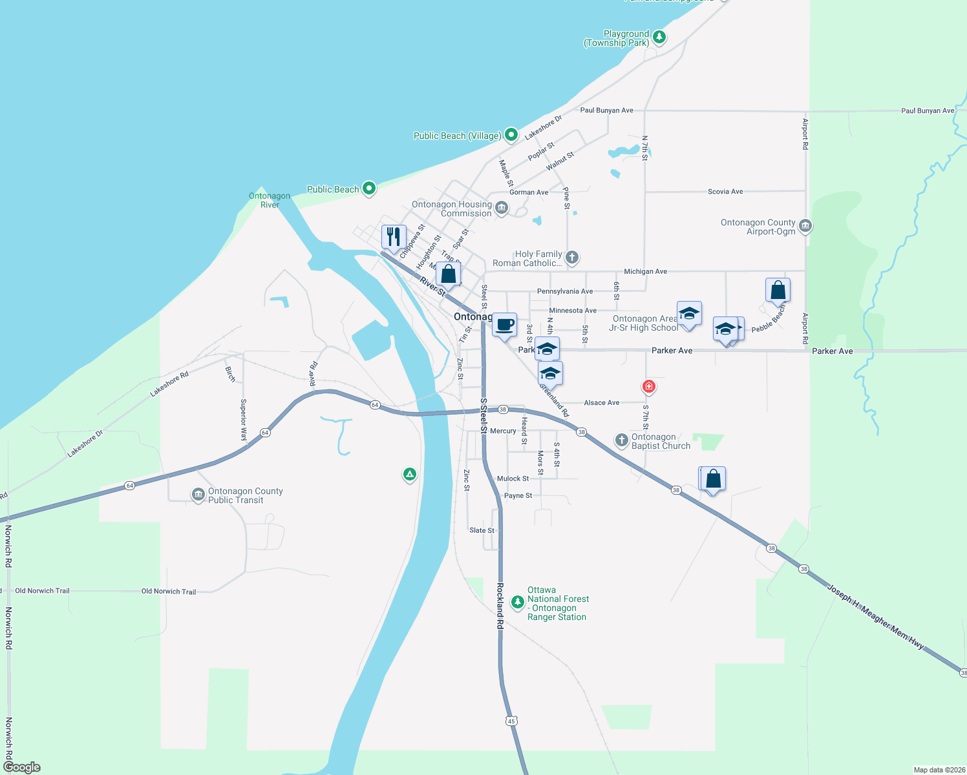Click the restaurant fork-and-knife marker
pyautogui.click(x=394, y=237)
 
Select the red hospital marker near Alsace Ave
pyautogui.click(x=649, y=387)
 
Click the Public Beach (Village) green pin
pyautogui.click(x=511, y=135)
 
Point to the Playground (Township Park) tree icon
pyautogui.click(x=659, y=37)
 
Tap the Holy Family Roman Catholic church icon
pyautogui.click(x=572, y=258)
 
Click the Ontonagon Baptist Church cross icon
pyautogui.click(x=621, y=440)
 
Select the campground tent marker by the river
pyautogui.click(x=409, y=475)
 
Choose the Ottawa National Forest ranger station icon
pyautogui.click(x=517, y=603)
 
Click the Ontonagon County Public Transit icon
pyautogui.click(x=198, y=495)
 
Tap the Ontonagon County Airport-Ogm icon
pyautogui.click(x=805, y=226)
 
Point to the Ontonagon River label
pyautogui.click(x=270, y=200)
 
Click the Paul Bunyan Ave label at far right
pyautogui.click(x=928, y=111)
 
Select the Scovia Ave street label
pyautogui.click(x=725, y=192)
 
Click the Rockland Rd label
pyautogui.click(x=500, y=606)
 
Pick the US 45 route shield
pyautogui.click(x=512, y=721)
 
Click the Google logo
pyautogui.click(x=22, y=767)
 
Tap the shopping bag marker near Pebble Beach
pyautogui.click(x=778, y=291)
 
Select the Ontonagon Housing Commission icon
pyautogui.click(x=502, y=208)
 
